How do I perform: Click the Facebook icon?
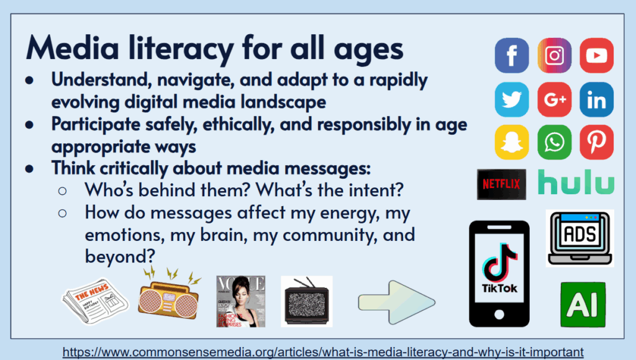coord(512,55)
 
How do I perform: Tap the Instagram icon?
coord(555,55)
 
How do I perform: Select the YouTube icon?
coord(597,55)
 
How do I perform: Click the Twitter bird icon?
coord(512,99)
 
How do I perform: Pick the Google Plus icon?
coord(555,99)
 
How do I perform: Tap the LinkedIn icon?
coord(597,99)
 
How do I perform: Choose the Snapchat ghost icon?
coord(512,142)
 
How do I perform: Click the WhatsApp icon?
coord(555,142)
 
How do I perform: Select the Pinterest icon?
coord(597,142)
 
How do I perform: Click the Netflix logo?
coord(501,184)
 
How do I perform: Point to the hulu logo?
coord(576,182)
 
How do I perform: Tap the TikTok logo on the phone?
coord(499,267)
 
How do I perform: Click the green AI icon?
coord(583,305)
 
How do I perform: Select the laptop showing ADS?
coord(580,238)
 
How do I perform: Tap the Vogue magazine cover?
coord(240,302)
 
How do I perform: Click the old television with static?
coord(307,301)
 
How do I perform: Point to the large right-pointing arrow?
coord(397,302)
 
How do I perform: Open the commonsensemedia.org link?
coord(323,352)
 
